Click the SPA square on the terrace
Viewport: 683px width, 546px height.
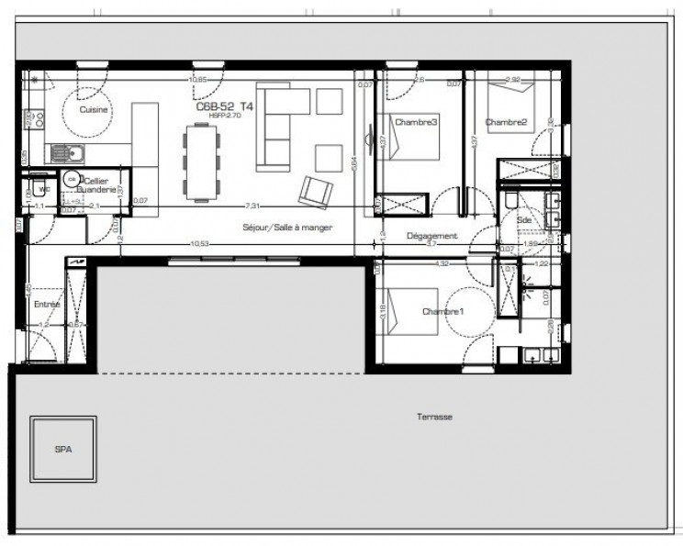(x=63, y=450)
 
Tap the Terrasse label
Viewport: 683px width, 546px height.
(x=433, y=417)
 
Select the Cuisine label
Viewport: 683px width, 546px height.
(x=94, y=110)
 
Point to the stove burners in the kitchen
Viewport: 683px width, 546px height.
(x=38, y=117)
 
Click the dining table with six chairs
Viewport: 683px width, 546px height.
(x=202, y=162)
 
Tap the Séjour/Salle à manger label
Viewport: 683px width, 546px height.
(x=287, y=227)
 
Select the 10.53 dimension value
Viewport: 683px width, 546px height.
(x=197, y=244)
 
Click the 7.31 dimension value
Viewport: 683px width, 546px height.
(x=251, y=206)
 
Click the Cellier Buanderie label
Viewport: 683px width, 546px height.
(x=97, y=185)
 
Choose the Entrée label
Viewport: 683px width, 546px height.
(x=47, y=304)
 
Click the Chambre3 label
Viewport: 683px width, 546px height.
(x=416, y=122)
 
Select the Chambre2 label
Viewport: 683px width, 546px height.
(x=506, y=122)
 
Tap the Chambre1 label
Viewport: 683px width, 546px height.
(x=442, y=312)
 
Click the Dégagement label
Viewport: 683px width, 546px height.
(x=431, y=236)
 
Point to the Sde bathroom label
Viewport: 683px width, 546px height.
(x=525, y=221)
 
